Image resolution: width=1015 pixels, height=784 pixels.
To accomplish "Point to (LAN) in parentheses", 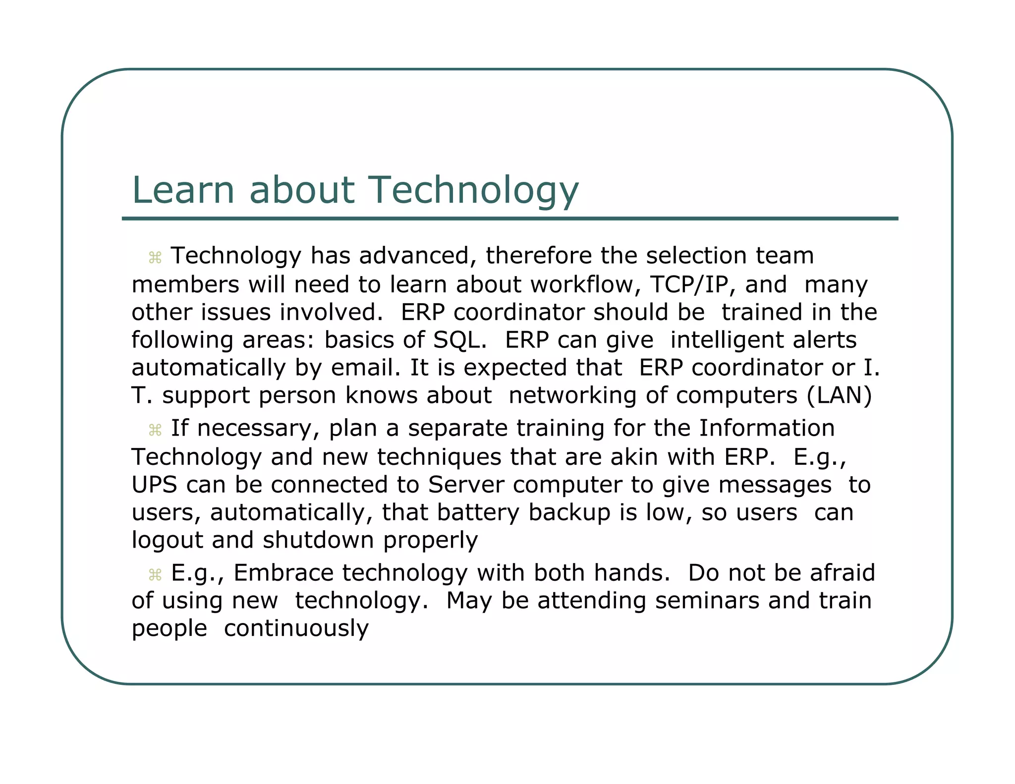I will [x=839, y=395].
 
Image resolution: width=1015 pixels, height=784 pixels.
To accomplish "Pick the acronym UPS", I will [x=154, y=485].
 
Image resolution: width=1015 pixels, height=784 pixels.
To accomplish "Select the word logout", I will [x=167, y=540].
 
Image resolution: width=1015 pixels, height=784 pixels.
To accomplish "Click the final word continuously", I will [x=296, y=628].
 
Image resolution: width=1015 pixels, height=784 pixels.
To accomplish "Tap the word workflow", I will [x=582, y=284].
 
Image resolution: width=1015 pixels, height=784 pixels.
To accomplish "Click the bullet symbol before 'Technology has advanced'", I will [x=155, y=258].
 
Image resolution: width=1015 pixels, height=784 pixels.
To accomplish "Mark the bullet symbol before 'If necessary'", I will [x=155, y=430].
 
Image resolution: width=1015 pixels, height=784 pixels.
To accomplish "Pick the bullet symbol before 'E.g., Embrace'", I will [x=155, y=575].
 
